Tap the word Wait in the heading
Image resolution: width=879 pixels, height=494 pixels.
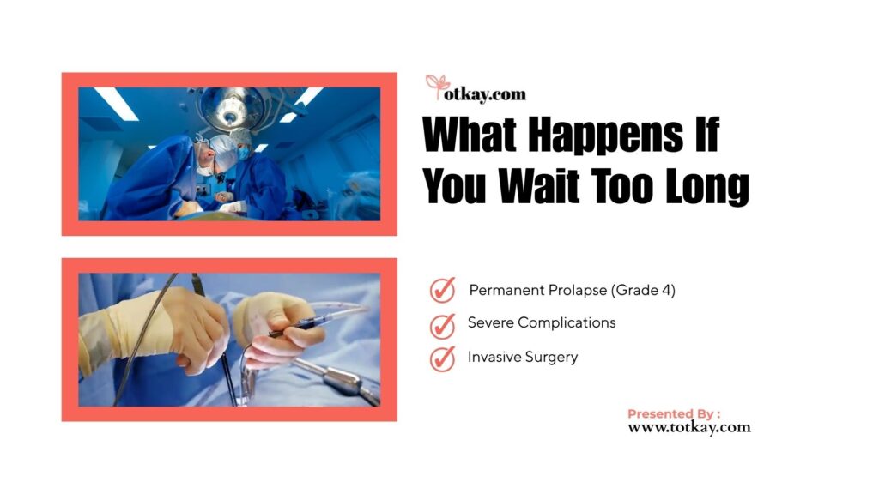point(539,185)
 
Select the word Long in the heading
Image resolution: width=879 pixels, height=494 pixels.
point(707,188)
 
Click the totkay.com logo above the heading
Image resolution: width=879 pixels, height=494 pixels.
point(476,89)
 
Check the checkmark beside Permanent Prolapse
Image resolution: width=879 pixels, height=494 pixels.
point(442,290)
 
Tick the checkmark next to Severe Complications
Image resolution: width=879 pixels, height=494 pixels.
point(442,326)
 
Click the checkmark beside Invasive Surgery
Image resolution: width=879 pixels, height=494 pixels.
point(442,359)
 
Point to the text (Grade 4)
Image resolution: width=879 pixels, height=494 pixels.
point(643,290)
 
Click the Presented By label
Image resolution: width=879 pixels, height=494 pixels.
point(674,414)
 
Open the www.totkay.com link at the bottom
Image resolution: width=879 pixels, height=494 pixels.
point(689,427)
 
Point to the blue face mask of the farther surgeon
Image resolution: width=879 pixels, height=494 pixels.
point(243,153)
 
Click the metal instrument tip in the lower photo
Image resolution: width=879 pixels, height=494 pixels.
point(343,381)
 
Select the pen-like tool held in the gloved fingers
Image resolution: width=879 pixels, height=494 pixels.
point(297,328)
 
